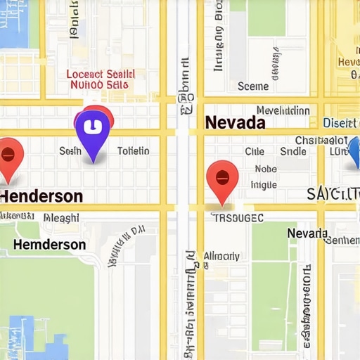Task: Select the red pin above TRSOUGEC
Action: tap(222, 179)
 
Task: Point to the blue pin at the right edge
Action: tap(354, 151)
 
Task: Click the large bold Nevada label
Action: tap(235, 122)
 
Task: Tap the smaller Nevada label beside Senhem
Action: tap(307, 233)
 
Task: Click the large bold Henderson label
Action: tap(41, 196)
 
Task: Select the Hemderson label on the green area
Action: tap(50, 245)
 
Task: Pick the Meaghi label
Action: tap(61, 218)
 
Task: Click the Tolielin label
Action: tap(133, 150)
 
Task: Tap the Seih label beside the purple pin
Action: tap(70, 150)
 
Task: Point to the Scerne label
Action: tap(253, 86)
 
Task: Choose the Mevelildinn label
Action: tap(283, 110)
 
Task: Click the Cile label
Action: tap(255, 151)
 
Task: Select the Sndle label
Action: tap(292, 151)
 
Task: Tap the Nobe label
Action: tap(266, 169)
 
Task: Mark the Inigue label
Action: tap(264, 185)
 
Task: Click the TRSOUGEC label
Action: tap(238, 218)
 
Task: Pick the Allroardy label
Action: tap(221, 256)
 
